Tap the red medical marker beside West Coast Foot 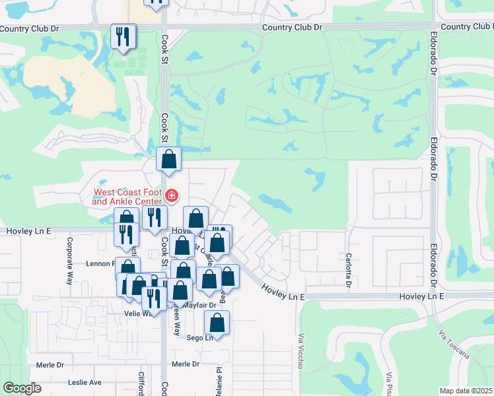(x=172, y=195)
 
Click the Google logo (x=22, y=388)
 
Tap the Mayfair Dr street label (x=199, y=306)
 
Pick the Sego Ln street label (x=200, y=338)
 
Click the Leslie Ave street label (x=85, y=382)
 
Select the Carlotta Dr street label (x=347, y=270)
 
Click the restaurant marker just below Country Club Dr (x=122, y=37)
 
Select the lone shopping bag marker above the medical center (x=169, y=160)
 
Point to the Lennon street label (x=100, y=263)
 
